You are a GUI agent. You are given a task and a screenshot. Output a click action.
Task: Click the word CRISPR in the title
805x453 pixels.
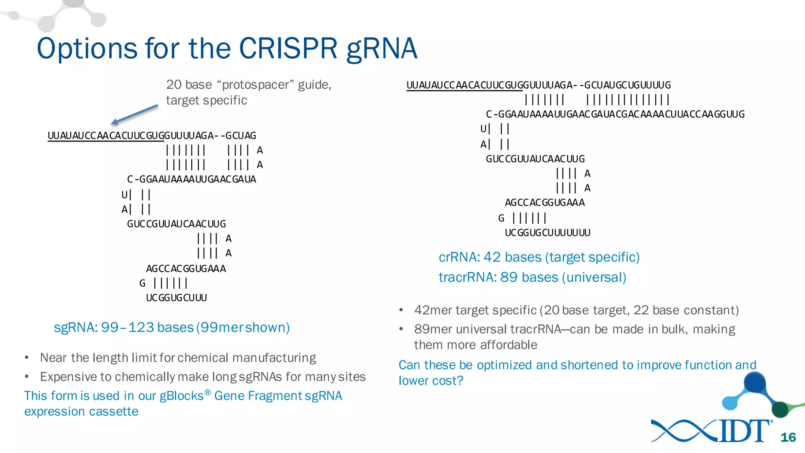(288, 48)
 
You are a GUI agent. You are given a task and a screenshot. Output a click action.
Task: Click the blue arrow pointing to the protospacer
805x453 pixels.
(134, 114)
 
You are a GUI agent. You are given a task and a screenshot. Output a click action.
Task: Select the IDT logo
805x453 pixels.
(711, 431)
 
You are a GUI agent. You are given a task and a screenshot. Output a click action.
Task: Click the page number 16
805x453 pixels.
(788, 437)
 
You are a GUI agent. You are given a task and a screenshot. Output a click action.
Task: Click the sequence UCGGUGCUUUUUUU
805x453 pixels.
(547, 233)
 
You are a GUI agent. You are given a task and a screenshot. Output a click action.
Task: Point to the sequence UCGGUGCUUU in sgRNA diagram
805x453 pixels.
(176, 298)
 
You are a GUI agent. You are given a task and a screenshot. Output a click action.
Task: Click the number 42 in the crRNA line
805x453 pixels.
(492, 257)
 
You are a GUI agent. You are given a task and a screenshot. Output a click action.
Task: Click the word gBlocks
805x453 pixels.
(181, 396)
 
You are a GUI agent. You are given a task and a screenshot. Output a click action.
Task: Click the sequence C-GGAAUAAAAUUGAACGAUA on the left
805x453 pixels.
(191, 179)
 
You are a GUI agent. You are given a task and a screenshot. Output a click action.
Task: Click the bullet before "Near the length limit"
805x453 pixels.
(27, 358)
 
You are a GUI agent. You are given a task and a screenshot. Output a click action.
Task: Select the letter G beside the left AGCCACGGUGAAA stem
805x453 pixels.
(142, 283)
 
